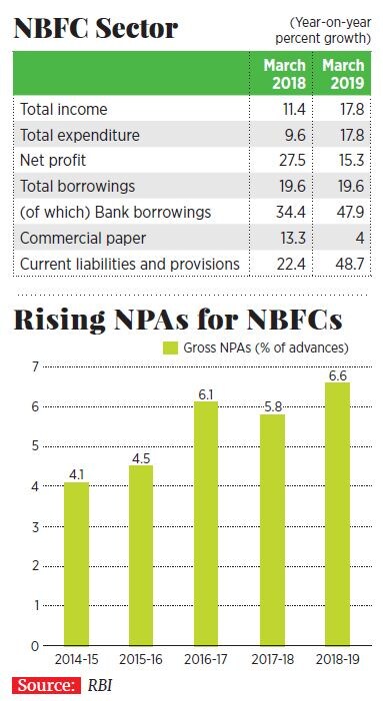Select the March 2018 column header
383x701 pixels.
point(283,73)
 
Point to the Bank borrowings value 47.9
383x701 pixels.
point(343,212)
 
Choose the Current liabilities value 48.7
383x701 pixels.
point(343,264)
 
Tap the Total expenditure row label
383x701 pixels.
point(80,134)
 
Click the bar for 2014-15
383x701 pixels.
point(76,564)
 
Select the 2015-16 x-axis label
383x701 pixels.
point(141,660)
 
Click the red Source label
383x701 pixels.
point(46,686)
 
